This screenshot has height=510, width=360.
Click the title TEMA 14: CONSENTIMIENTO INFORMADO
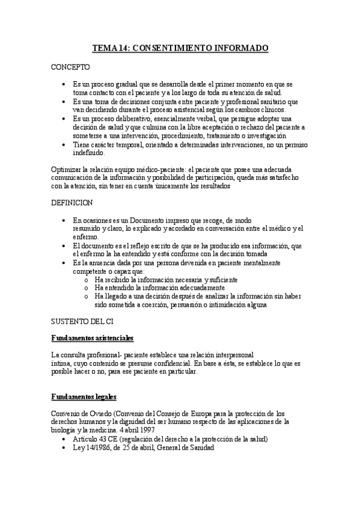(x=180, y=47)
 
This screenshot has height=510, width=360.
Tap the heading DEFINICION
(x=72, y=203)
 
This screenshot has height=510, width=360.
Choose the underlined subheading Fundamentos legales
(x=84, y=398)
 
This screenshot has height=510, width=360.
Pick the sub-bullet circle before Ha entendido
(x=87, y=289)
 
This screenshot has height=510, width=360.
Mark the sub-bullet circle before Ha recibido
(x=87, y=280)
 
